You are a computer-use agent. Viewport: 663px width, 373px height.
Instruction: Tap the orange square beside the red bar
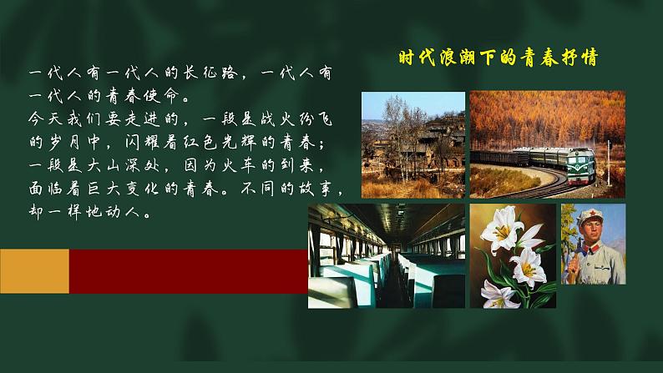pos(34,270)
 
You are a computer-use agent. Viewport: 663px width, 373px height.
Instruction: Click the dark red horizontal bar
pos(188,270)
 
